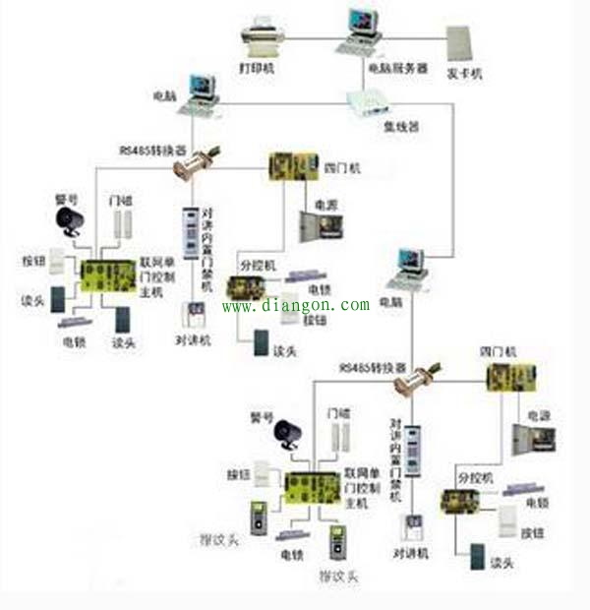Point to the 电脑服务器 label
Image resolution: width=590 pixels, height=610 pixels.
(396, 69)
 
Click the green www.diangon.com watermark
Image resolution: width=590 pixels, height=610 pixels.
(295, 305)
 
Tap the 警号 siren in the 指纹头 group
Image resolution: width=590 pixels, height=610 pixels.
(287, 434)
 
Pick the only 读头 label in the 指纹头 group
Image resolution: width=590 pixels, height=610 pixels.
(501, 562)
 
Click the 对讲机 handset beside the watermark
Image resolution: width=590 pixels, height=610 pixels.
(193, 317)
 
